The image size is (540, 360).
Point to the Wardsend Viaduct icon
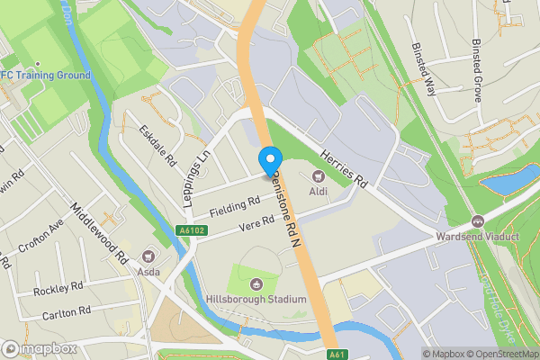[476, 221]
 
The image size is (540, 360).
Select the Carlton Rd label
[66, 311]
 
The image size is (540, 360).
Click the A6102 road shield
[184, 232]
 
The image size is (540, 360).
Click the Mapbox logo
[38, 348]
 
